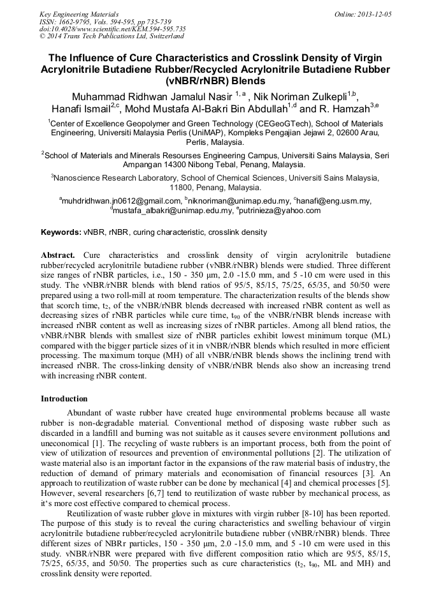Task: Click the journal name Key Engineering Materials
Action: click(79, 13)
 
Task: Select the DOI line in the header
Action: click(112, 29)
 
